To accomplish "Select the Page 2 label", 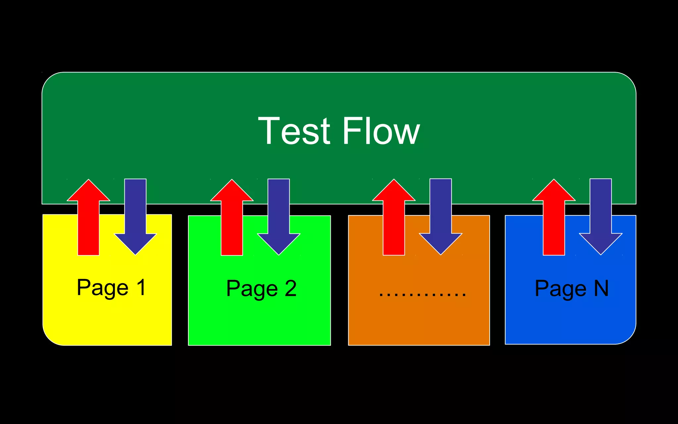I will (x=261, y=289).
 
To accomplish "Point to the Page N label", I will (x=572, y=289).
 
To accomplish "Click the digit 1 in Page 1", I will (x=141, y=287).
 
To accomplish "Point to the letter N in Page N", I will (x=601, y=288).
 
